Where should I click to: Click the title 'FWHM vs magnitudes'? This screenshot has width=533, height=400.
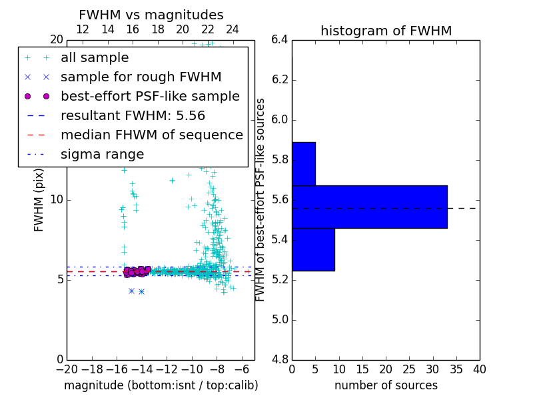[151, 15]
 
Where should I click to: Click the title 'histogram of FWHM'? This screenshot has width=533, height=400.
[386, 31]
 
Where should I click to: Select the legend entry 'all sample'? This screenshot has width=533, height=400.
[95, 58]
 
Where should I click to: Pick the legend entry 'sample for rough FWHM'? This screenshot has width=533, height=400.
[141, 77]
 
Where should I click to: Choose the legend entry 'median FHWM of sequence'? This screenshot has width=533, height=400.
[151, 135]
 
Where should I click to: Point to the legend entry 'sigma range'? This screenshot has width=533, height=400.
[102, 154]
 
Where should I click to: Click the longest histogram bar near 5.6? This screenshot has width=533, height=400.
[369, 207]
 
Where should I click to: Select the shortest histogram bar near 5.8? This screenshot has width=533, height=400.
[303, 163]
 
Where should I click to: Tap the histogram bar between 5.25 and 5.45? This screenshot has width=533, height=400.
[313, 249]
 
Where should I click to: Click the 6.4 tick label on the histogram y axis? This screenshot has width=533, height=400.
[279, 39]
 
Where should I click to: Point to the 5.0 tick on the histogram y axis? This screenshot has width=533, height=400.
[279, 319]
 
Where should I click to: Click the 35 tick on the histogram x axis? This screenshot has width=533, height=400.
[456, 369]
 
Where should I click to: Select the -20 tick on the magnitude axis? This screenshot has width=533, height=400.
[67, 369]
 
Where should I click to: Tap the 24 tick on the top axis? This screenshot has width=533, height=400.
[233, 29]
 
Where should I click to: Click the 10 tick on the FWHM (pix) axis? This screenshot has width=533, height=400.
[57, 199]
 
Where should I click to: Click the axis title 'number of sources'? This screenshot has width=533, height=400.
[386, 385]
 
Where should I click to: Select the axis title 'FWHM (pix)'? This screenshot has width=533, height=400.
[39, 199]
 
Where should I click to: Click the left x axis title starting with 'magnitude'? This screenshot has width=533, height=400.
[161, 385]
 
